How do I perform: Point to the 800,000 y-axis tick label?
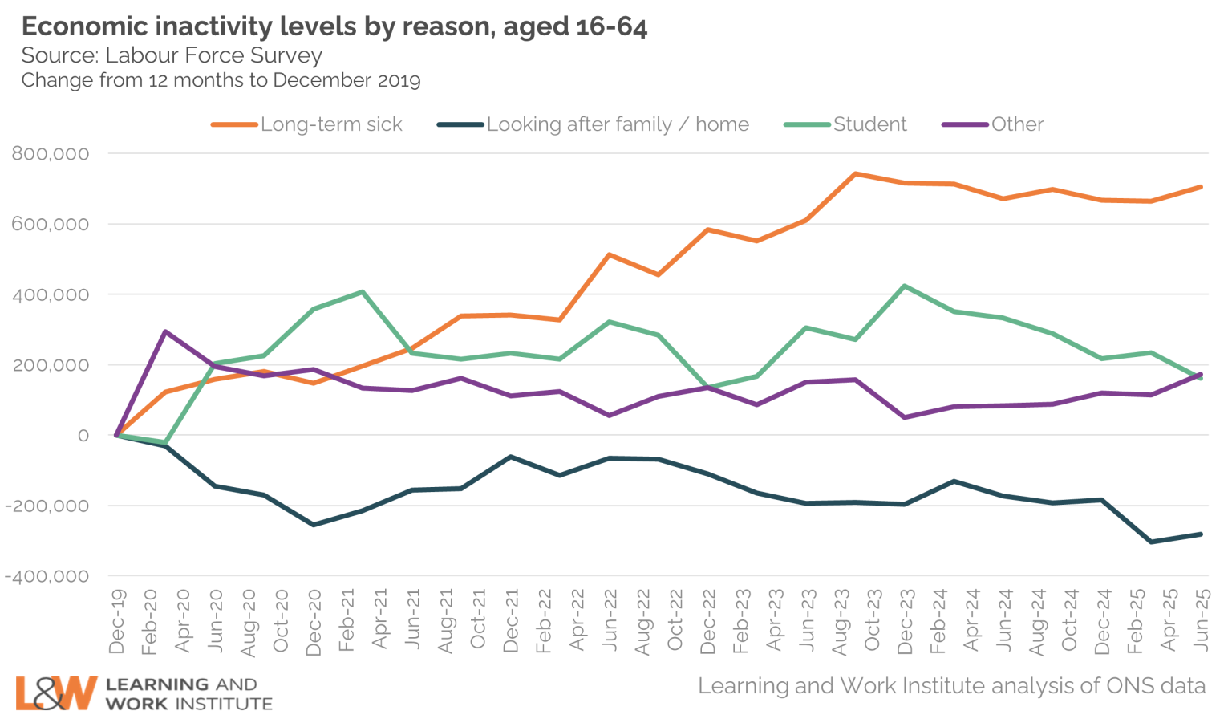(x=51, y=154)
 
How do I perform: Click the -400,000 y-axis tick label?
(x=47, y=576)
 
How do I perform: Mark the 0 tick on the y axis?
(x=83, y=436)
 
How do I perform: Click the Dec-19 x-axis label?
(x=117, y=622)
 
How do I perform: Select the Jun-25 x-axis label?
(x=1202, y=619)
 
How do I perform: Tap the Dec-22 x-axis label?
(x=708, y=622)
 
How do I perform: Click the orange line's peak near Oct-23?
(x=856, y=173)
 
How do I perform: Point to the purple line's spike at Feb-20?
(x=165, y=331)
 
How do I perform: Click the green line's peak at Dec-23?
(x=905, y=286)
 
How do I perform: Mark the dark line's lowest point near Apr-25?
(x=1152, y=542)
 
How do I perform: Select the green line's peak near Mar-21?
(x=363, y=292)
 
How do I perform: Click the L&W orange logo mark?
(x=55, y=693)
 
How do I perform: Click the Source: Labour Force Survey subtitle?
(x=172, y=55)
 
